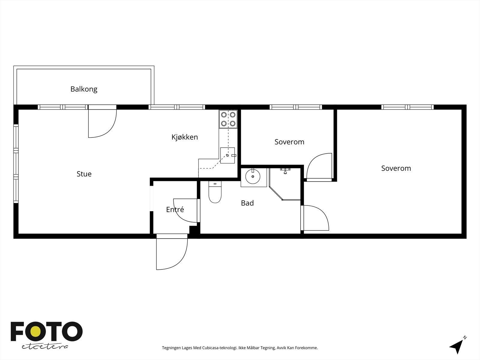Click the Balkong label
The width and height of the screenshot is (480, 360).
click(84, 89)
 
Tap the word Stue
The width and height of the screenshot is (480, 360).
click(84, 174)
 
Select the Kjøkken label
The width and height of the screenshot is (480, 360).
click(184, 137)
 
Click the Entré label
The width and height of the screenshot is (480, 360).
click(175, 210)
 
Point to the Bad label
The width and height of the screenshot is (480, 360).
click(247, 203)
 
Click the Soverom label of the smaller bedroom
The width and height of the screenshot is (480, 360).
click(289, 142)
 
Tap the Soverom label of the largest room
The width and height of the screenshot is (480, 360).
click(396, 168)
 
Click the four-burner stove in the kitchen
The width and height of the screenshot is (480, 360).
click(228, 119)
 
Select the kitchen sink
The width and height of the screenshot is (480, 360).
click(227, 155)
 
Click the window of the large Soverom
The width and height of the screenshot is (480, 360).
click(407, 107)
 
